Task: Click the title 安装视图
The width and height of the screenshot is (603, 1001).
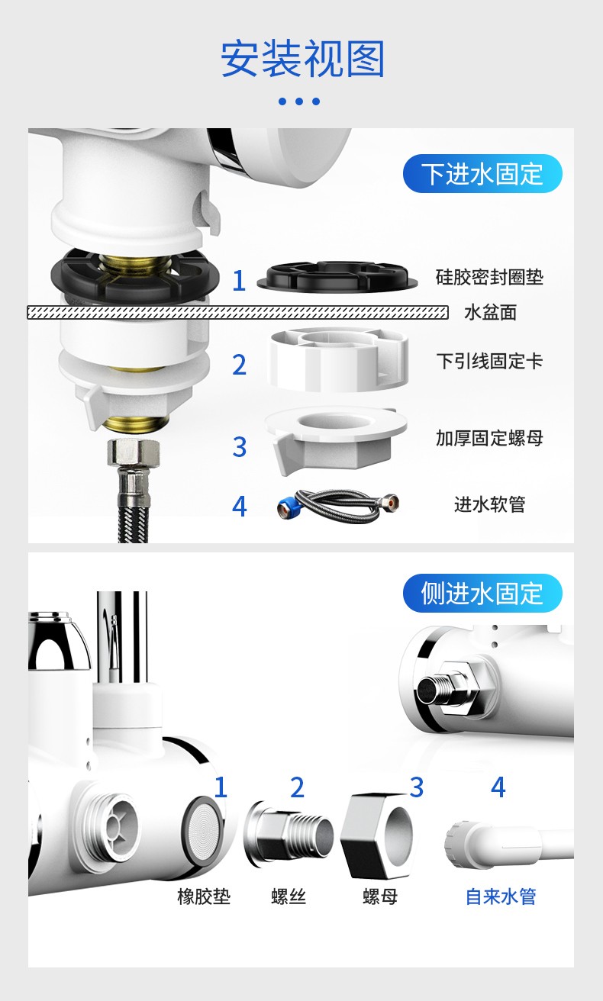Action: point(302,60)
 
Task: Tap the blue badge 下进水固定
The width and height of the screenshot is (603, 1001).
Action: point(482,174)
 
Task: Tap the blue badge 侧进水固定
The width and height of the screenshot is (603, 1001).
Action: point(482,593)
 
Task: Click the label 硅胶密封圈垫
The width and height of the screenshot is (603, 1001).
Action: point(489,277)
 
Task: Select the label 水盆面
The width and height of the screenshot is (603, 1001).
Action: point(490,312)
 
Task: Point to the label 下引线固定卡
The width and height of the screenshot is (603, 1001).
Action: point(489,361)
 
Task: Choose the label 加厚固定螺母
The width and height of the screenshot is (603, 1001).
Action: point(489,438)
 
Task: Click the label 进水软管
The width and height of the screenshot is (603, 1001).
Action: point(489,504)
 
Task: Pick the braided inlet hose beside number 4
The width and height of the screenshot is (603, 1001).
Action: point(338,505)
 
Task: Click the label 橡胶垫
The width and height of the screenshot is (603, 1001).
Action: point(204,896)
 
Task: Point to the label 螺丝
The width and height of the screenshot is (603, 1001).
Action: point(289,896)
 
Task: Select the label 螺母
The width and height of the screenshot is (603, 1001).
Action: point(380,896)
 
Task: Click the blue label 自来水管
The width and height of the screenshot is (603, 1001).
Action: point(501,896)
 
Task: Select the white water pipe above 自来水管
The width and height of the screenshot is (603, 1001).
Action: point(504,842)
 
